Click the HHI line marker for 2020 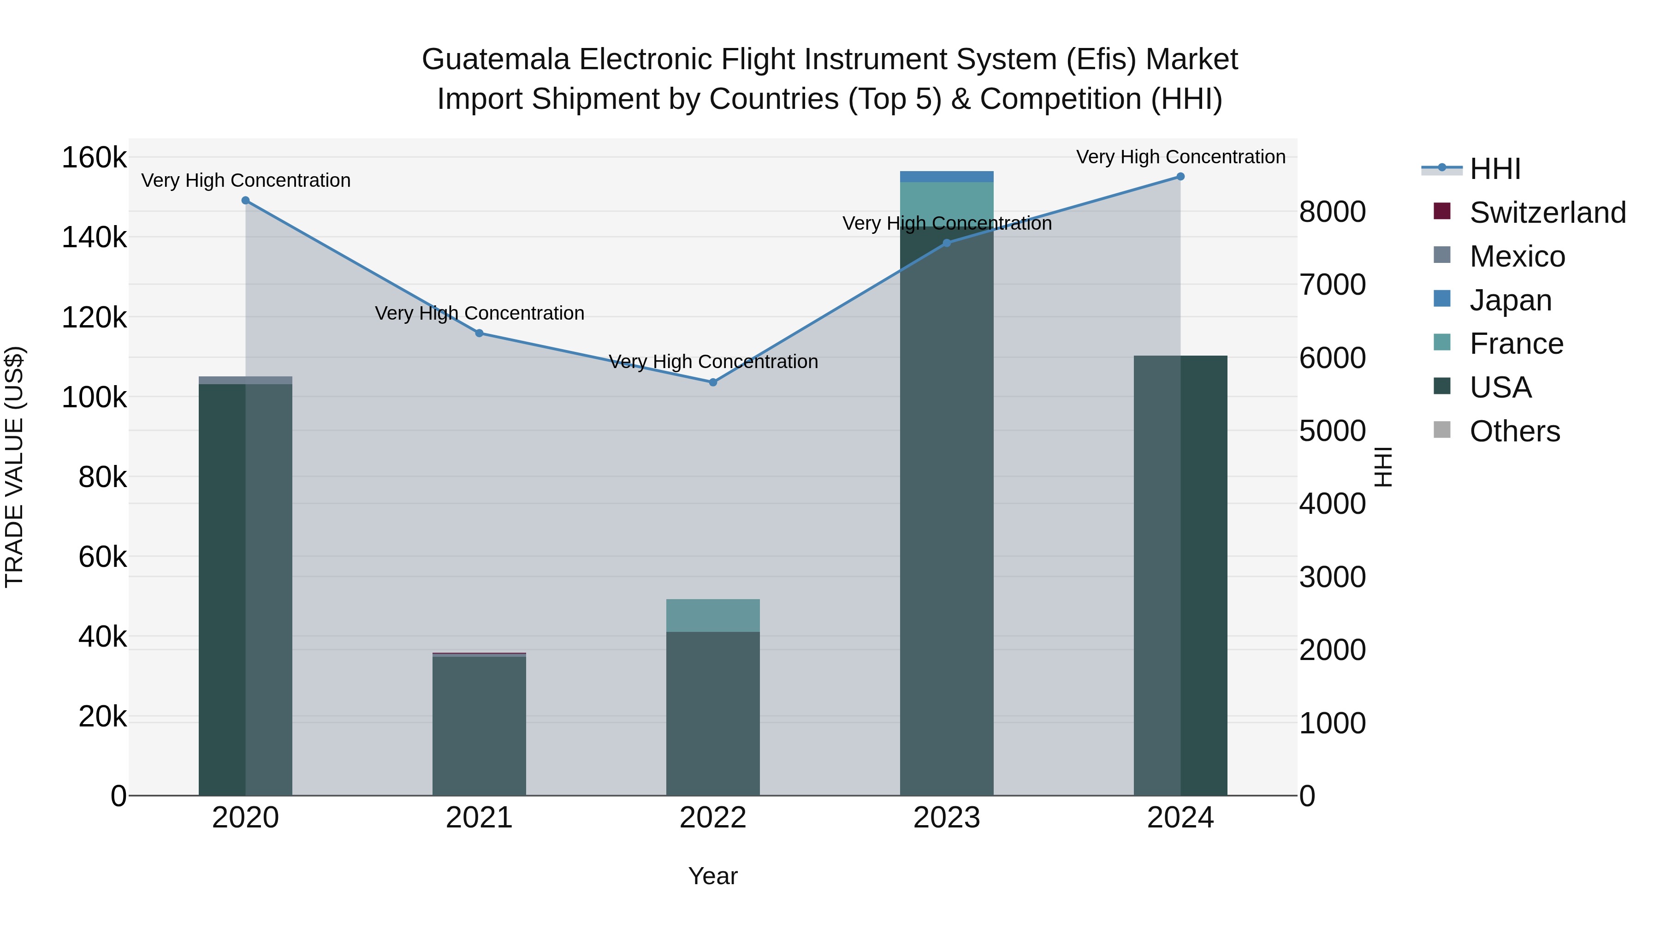pos(245,201)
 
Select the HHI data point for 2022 pos(713,382)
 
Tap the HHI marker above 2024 pos(1180,177)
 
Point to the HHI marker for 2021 pos(480,333)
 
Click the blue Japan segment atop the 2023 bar pos(946,177)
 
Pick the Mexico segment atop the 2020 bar pos(245,381)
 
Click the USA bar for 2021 pos(480,725)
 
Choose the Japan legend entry pos(1510,300)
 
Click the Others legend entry pos(1514,431)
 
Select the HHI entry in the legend pos(1494,169)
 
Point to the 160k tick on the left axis pos(94,158)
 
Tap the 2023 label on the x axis pos(946,818)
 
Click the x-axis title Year pos(713,876)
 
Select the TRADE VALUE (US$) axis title pos(15,467)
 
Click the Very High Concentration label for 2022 pos(713,362)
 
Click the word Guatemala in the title pos(496,59)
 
